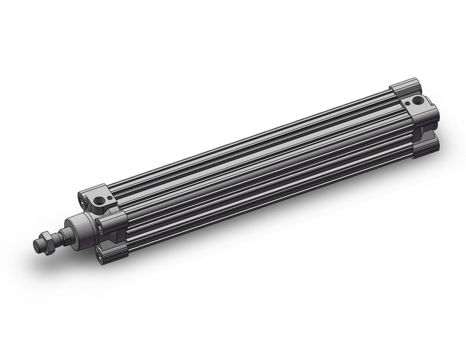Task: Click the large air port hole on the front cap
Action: click(99, 201)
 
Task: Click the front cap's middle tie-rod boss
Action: click(114, 222)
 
